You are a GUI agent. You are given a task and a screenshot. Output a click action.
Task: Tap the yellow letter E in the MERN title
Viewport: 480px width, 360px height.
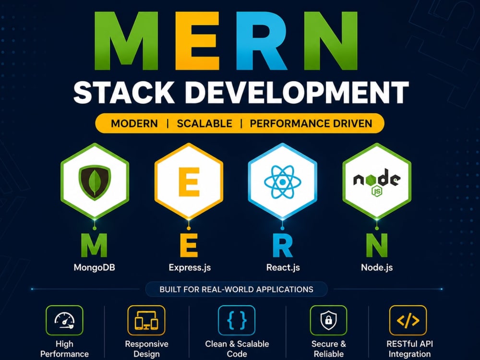tap(197, 41)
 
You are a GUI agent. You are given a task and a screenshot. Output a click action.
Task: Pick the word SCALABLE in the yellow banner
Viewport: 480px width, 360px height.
tap(204, 123)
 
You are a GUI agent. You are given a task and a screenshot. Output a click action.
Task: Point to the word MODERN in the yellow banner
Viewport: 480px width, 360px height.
tap(134, 123)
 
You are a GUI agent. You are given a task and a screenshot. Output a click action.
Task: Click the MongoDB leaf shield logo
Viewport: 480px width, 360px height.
tap(95, 182)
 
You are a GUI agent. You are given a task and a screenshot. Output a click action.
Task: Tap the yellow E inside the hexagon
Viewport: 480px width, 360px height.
tap(189, 182)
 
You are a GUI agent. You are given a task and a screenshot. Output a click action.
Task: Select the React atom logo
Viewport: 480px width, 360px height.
tap(283, 182)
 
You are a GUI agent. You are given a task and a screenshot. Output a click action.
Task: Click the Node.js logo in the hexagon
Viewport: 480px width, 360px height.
tap(376, 182)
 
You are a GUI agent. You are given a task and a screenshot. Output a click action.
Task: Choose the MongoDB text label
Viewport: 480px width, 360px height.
tap(94, 267)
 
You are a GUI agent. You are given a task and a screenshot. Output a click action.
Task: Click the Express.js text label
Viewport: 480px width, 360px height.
tap(190, 267)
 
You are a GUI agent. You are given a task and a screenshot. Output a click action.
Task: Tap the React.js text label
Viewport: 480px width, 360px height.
tap(283, 267)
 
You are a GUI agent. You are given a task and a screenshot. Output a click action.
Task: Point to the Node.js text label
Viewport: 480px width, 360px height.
tap(377, 267)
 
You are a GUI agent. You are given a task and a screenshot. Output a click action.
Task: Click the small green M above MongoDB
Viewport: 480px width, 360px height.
tap(94, 245)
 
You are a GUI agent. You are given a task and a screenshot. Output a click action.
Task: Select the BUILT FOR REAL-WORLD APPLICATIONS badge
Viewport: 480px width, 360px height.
tap(236, 289)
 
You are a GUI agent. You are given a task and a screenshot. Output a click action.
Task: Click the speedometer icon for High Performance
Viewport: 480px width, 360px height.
tap(64, 321)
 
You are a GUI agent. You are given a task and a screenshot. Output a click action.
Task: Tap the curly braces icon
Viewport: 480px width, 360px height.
tap(237, 321)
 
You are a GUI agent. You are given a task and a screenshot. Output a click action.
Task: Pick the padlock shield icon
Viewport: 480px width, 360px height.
tap(328, 321)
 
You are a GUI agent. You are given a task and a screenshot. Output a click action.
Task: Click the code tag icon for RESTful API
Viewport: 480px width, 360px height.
tap(408, 321)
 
